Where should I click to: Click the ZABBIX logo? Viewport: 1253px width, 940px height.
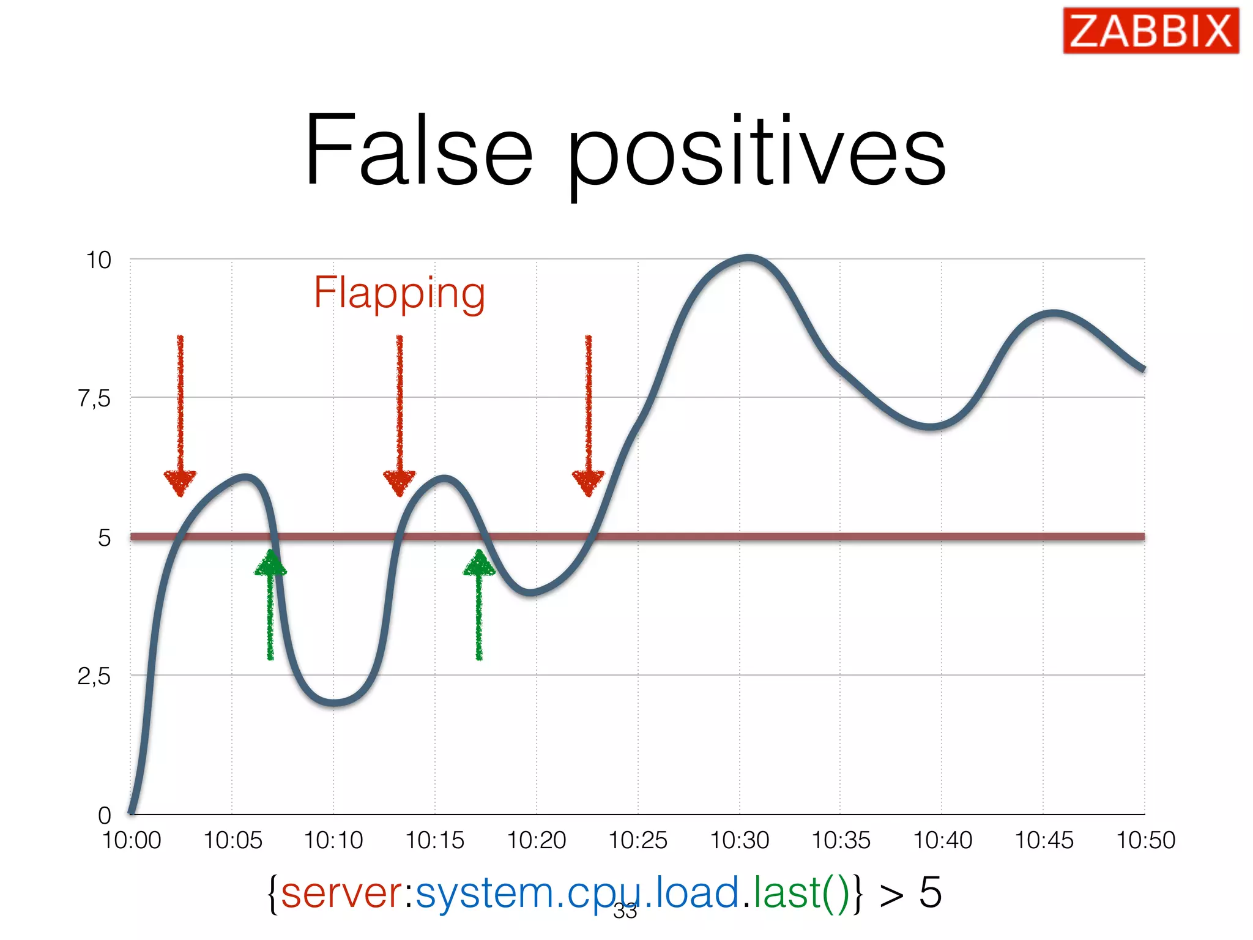point(1150,31)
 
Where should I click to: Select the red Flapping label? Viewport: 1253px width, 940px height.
point(400,293)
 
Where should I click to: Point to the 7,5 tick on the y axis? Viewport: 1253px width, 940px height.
point(94,399)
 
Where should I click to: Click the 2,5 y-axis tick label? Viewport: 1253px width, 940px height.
point(94,677)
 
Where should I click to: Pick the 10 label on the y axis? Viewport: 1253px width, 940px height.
point(99,260)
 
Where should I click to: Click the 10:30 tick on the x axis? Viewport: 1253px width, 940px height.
point(739,840)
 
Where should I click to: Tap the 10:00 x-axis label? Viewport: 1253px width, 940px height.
point(132,840)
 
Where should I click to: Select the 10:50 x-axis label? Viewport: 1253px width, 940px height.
point(1145,840)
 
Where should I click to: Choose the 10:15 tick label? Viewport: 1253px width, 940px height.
point(435,840)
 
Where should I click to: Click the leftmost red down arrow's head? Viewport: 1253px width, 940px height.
point(180,482)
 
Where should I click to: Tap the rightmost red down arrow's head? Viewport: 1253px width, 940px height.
point(588,482)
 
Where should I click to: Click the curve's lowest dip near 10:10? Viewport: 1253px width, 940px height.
point(333,703)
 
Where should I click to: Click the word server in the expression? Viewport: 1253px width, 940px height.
point(341,893)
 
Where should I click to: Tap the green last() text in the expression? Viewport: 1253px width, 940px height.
point(801,893)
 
